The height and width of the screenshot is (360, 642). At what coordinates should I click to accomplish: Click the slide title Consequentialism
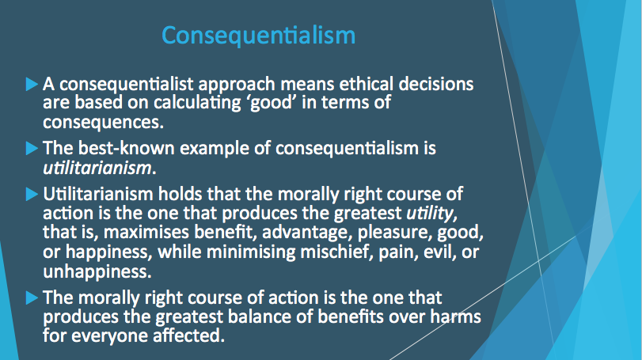coord(258,36)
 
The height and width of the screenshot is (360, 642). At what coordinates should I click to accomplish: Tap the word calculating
coord(197,103)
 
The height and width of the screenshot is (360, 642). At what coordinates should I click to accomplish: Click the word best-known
coord(127,148)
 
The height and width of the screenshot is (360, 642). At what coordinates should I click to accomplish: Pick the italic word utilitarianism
coord(97,168)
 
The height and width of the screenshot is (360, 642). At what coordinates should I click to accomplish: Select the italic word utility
coord(430,214)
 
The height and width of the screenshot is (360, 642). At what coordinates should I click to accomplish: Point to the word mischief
coord(335,252)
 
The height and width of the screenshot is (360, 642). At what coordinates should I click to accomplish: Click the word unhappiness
coord(97,271)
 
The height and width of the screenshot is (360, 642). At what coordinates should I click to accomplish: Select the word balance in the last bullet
coord(259,316)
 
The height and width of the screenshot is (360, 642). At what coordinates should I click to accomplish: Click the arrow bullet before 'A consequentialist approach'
coord(32,84)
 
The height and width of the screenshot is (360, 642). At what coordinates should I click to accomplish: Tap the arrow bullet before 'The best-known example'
coord(32,148)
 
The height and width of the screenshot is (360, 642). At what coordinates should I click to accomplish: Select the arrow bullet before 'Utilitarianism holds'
coord(32,194)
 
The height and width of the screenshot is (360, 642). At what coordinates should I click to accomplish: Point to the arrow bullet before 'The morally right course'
coord(32,297)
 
